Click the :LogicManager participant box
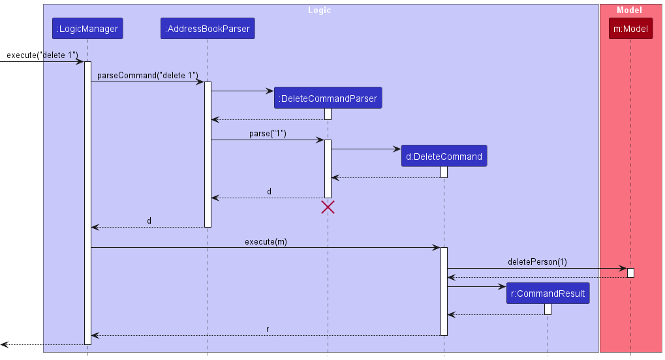click(87, 29)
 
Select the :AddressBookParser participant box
click(208, 29)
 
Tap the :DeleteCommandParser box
click(328, 98)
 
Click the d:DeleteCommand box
click(444, 157)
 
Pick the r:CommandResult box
click(548, 293)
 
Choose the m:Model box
click(630, 29)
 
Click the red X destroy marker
click(328, 207)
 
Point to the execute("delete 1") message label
click(42, 55)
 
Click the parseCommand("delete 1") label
click(147, 76)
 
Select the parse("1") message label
click(268, 134)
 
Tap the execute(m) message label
click(266, 241)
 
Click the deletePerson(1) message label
click(537, 262)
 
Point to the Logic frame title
click(320, 10)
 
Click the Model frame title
click(629, 10)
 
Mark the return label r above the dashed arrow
click(268, 329)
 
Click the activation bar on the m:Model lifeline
click(630, 272)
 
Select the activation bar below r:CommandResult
click(548, 309)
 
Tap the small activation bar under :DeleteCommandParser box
click(328, 114)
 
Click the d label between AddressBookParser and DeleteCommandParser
click(269, 192)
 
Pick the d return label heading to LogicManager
click(149, 221)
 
